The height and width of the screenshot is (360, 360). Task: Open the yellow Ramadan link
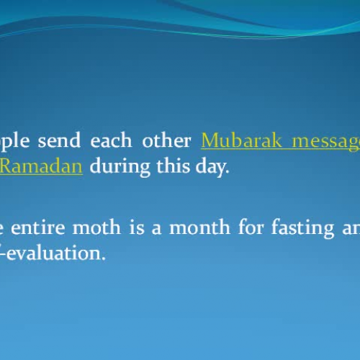41,166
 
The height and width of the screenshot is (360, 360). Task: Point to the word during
120,167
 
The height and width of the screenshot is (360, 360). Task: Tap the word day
211,168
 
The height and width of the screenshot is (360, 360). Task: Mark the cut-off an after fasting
346,230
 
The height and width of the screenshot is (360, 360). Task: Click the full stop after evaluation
104,258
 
